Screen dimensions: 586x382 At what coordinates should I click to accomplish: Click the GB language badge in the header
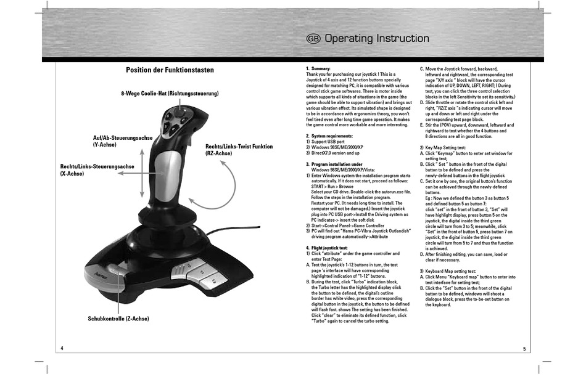[x=313, y=38]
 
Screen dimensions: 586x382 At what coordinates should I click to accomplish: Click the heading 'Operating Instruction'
[x=377, y=38]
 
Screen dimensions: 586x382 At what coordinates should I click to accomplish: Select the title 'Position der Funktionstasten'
[x=170, y=70]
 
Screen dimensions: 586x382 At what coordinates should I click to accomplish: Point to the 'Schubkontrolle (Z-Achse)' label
[x=118, y=319]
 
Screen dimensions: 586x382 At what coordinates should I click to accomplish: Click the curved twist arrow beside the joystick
[x=235, y=184]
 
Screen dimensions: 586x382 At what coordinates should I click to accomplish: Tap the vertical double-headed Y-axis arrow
[x=142, y=173]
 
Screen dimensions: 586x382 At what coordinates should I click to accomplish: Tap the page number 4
[x=62, y=348]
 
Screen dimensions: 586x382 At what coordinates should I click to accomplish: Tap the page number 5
[x=524, y=349]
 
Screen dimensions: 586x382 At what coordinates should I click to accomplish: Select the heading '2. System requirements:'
[x=329, y=136]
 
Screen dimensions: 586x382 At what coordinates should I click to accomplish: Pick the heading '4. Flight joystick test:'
[x=327, y=248]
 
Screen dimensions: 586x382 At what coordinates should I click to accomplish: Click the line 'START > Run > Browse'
[x=332, y=186]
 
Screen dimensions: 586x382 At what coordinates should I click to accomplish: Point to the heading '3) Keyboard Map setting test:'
[x=448, y=271]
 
